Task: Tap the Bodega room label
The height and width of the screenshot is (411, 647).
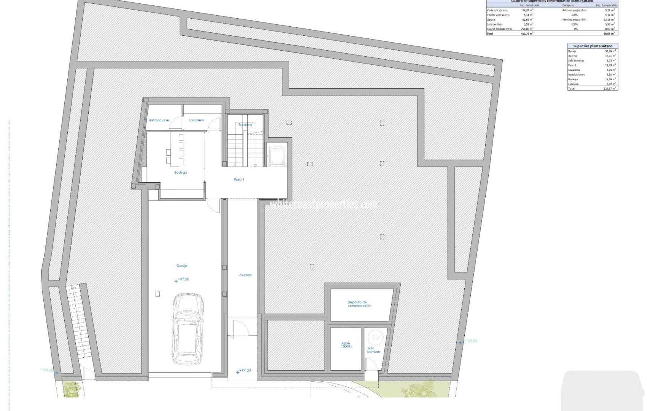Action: point(180,172)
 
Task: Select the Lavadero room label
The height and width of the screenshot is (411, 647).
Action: point(196,120)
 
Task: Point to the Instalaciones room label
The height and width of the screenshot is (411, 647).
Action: point(159,120)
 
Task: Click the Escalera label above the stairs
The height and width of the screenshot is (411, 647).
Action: point(245,125)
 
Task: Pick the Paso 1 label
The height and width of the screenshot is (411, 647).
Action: point(239,180)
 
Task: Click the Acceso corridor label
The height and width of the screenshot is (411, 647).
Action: point(245,275)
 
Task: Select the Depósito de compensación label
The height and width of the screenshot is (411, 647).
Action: point(359,304)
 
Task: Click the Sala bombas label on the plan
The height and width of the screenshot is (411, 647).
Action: point(372,350)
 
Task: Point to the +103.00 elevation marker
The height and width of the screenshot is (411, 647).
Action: point(47,370)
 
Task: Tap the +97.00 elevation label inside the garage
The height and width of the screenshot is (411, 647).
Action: point(183,279)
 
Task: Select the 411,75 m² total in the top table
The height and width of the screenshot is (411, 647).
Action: point(527,33)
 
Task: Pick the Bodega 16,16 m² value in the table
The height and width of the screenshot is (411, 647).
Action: point(610,79)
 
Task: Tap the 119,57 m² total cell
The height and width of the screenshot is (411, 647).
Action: point(610,89)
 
